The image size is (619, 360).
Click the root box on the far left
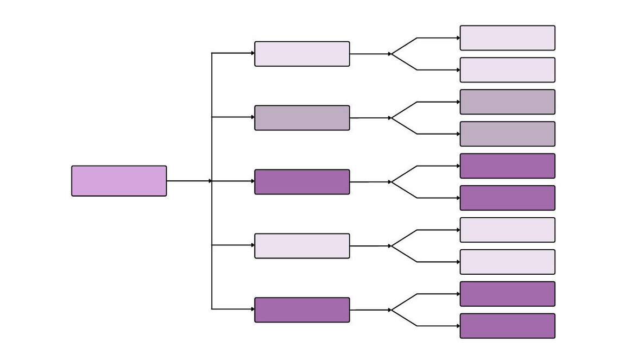[x=119, y=181]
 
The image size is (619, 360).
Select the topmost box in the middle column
[x=302, y=54]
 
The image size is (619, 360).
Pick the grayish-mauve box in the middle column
[x=302, y=118]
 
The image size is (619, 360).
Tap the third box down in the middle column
[x=302, y=182]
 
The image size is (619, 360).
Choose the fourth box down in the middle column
[x=302, y=246]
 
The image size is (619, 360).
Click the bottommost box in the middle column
[x=302, y=310]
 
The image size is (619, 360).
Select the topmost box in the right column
[x=507, y=38]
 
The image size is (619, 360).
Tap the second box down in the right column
[x=507, y=70]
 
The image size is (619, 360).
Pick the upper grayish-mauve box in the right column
[x=507, y=102]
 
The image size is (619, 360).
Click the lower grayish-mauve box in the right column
[x=507, y=134]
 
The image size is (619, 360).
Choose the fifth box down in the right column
[x=507, y=166]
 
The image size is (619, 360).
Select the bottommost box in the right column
[x=507, y=326]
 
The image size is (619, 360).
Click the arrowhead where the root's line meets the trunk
[x=210, y=181]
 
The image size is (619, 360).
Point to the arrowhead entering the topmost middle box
[x=252, y=53]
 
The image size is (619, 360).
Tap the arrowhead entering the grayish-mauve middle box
[x=252, y=117]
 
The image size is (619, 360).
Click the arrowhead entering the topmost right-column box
[x=458, y=38]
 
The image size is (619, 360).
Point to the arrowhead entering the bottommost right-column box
[x=458, y=326]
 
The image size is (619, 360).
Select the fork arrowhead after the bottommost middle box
[x=389, y=310]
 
